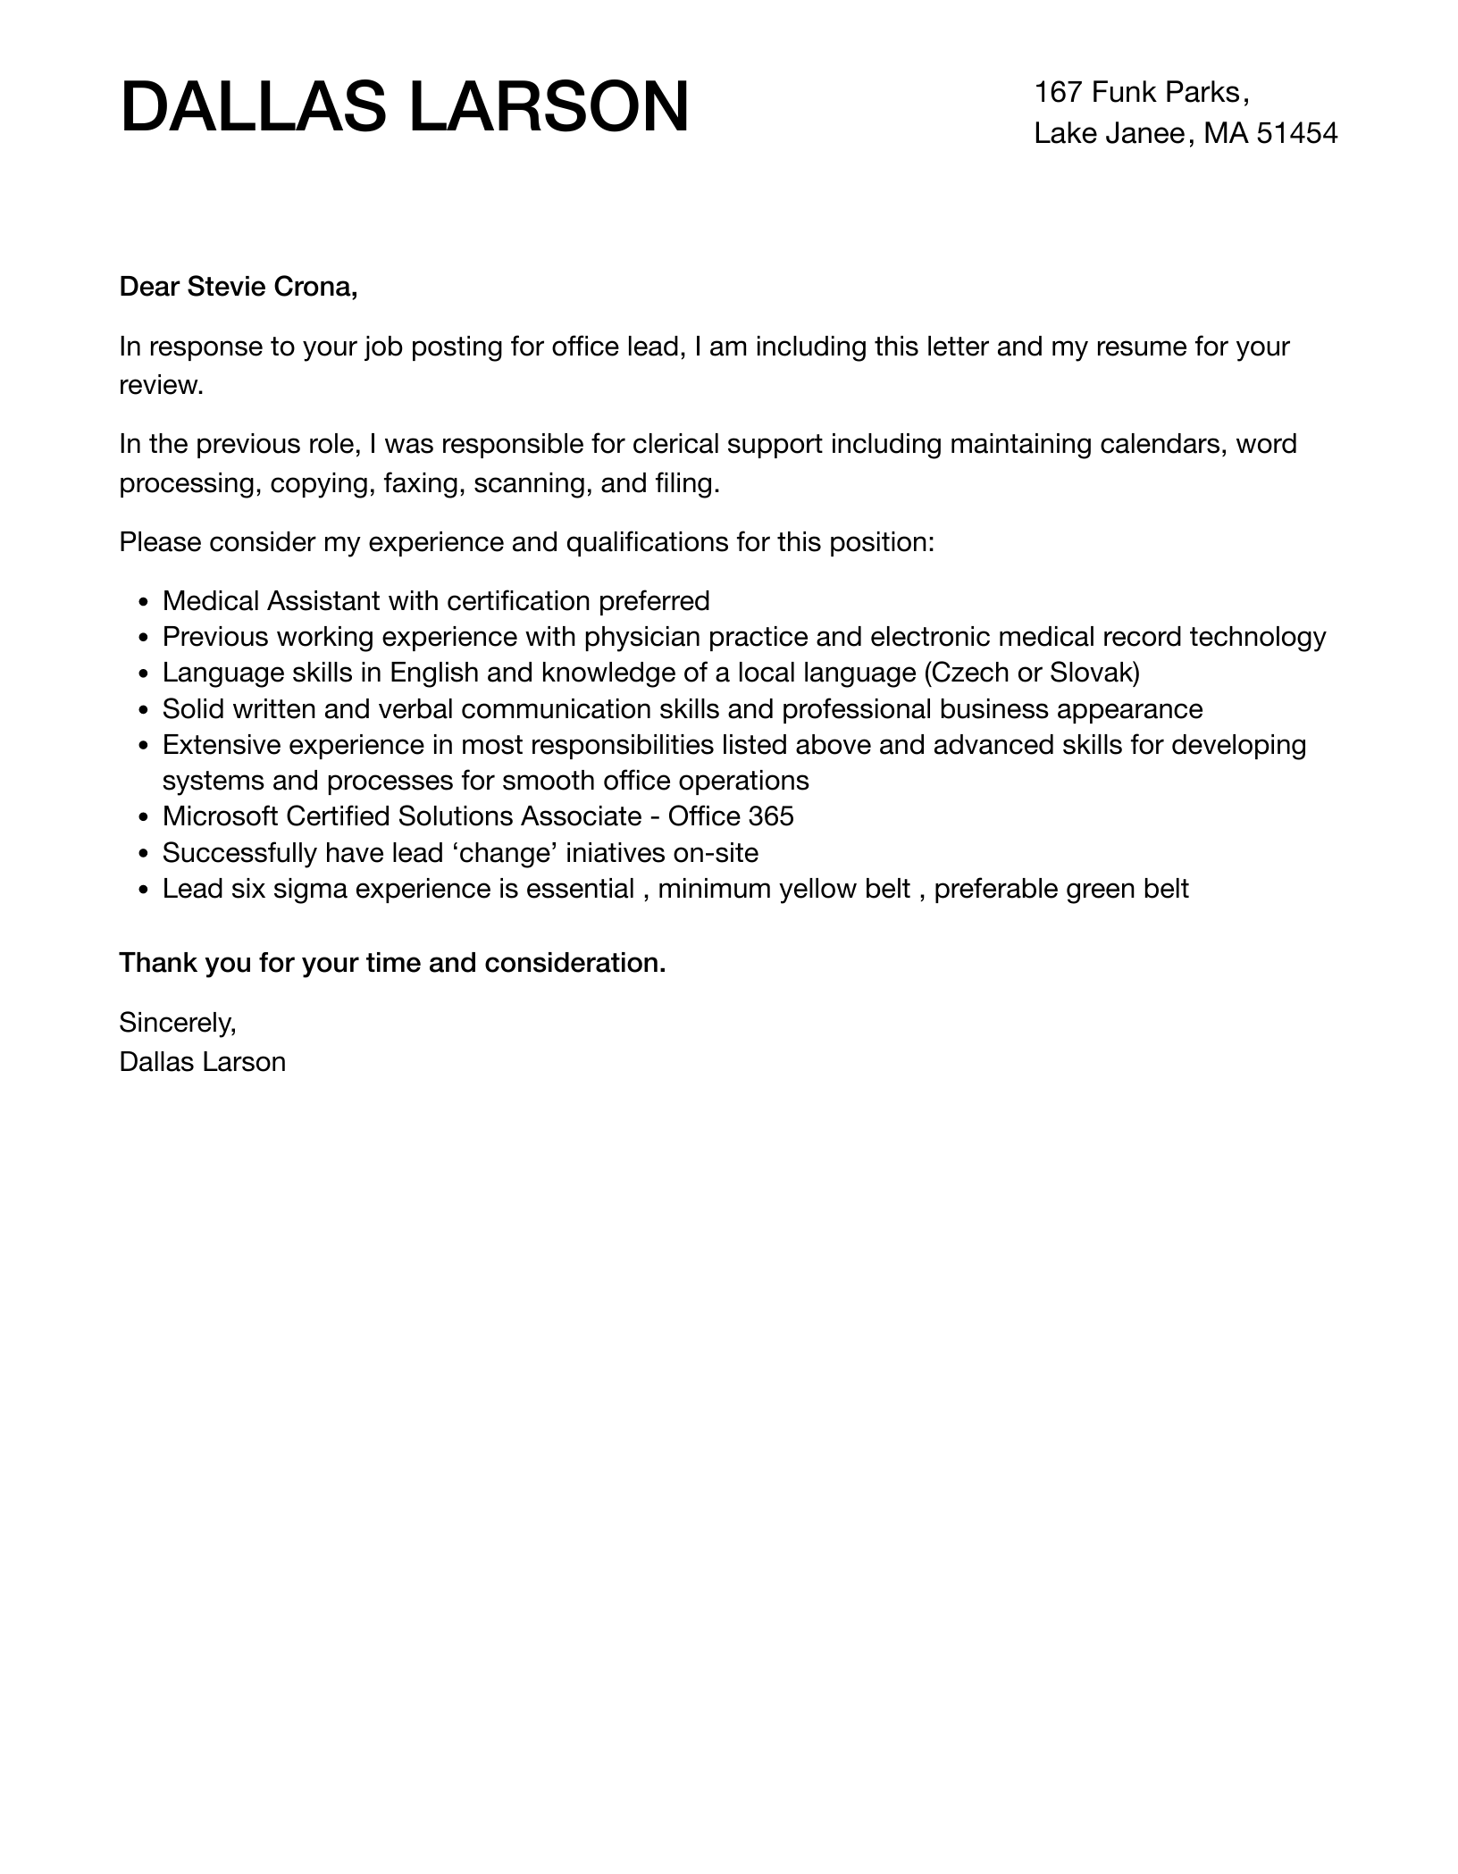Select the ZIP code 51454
(1296, 133)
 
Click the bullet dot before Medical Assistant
(144, 603)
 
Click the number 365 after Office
(771, 816)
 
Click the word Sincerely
(178, 1022)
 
